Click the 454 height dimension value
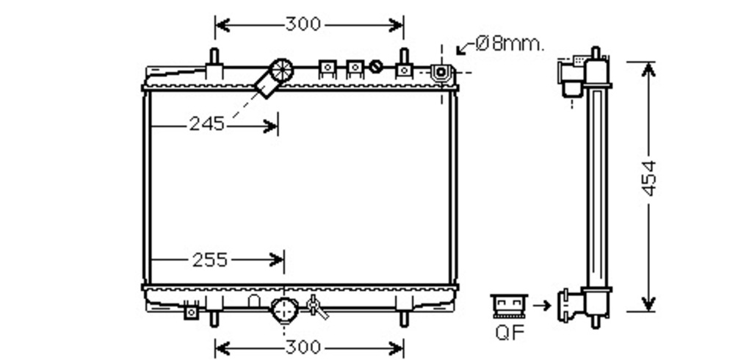648,179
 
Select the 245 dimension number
206,124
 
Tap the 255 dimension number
209,260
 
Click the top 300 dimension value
303,24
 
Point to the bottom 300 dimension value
303,347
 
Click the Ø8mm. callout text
510,44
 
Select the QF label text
510,332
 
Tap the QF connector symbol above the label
510,306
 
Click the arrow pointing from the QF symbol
542,306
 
